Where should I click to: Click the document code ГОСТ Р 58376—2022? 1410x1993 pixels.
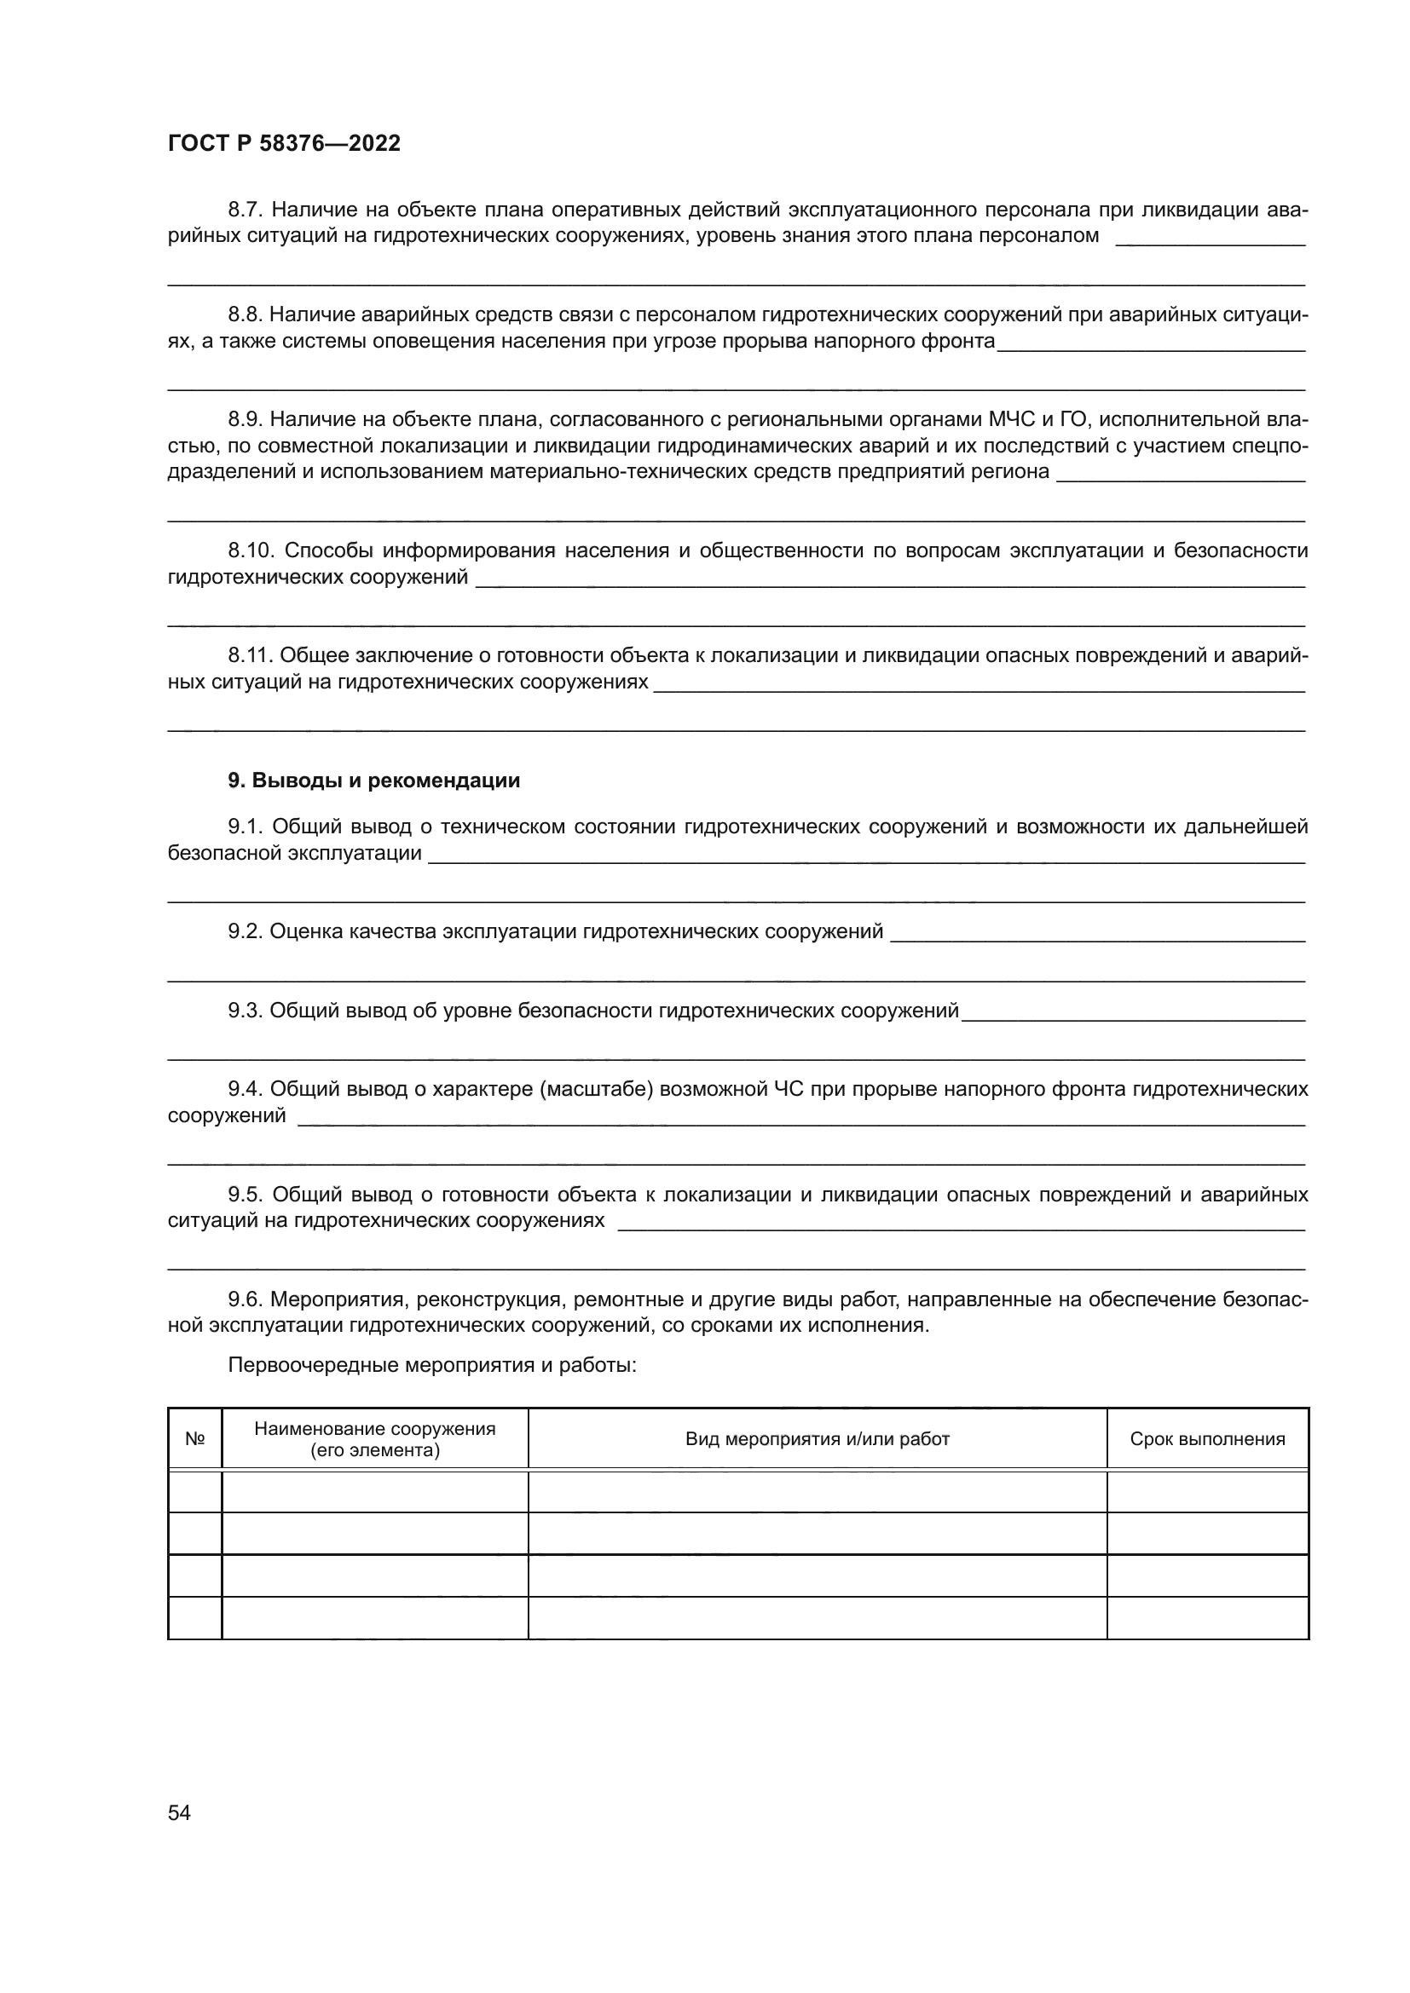coord(284,143)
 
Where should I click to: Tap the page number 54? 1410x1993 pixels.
coord(179,1812)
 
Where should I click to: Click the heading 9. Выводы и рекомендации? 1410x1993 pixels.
coord(374,780)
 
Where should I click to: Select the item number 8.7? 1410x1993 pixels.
coord(245,210)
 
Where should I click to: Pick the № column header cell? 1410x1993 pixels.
coord(195,1438)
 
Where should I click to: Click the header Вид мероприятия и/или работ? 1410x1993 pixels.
coord(817,1438)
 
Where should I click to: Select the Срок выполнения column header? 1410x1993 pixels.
coord(1207,1438)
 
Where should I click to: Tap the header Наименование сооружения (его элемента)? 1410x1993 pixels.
coord(375,1438)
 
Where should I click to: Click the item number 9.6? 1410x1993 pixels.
coord(245,1299)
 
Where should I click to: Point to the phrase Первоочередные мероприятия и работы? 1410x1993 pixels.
coord(432,1364)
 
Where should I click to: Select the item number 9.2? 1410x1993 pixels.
coord(245,931)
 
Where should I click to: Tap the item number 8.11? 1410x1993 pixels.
coord(250,655)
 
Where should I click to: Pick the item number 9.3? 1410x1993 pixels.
coord(245,1011)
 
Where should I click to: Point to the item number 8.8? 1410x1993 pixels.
coord(245,314)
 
